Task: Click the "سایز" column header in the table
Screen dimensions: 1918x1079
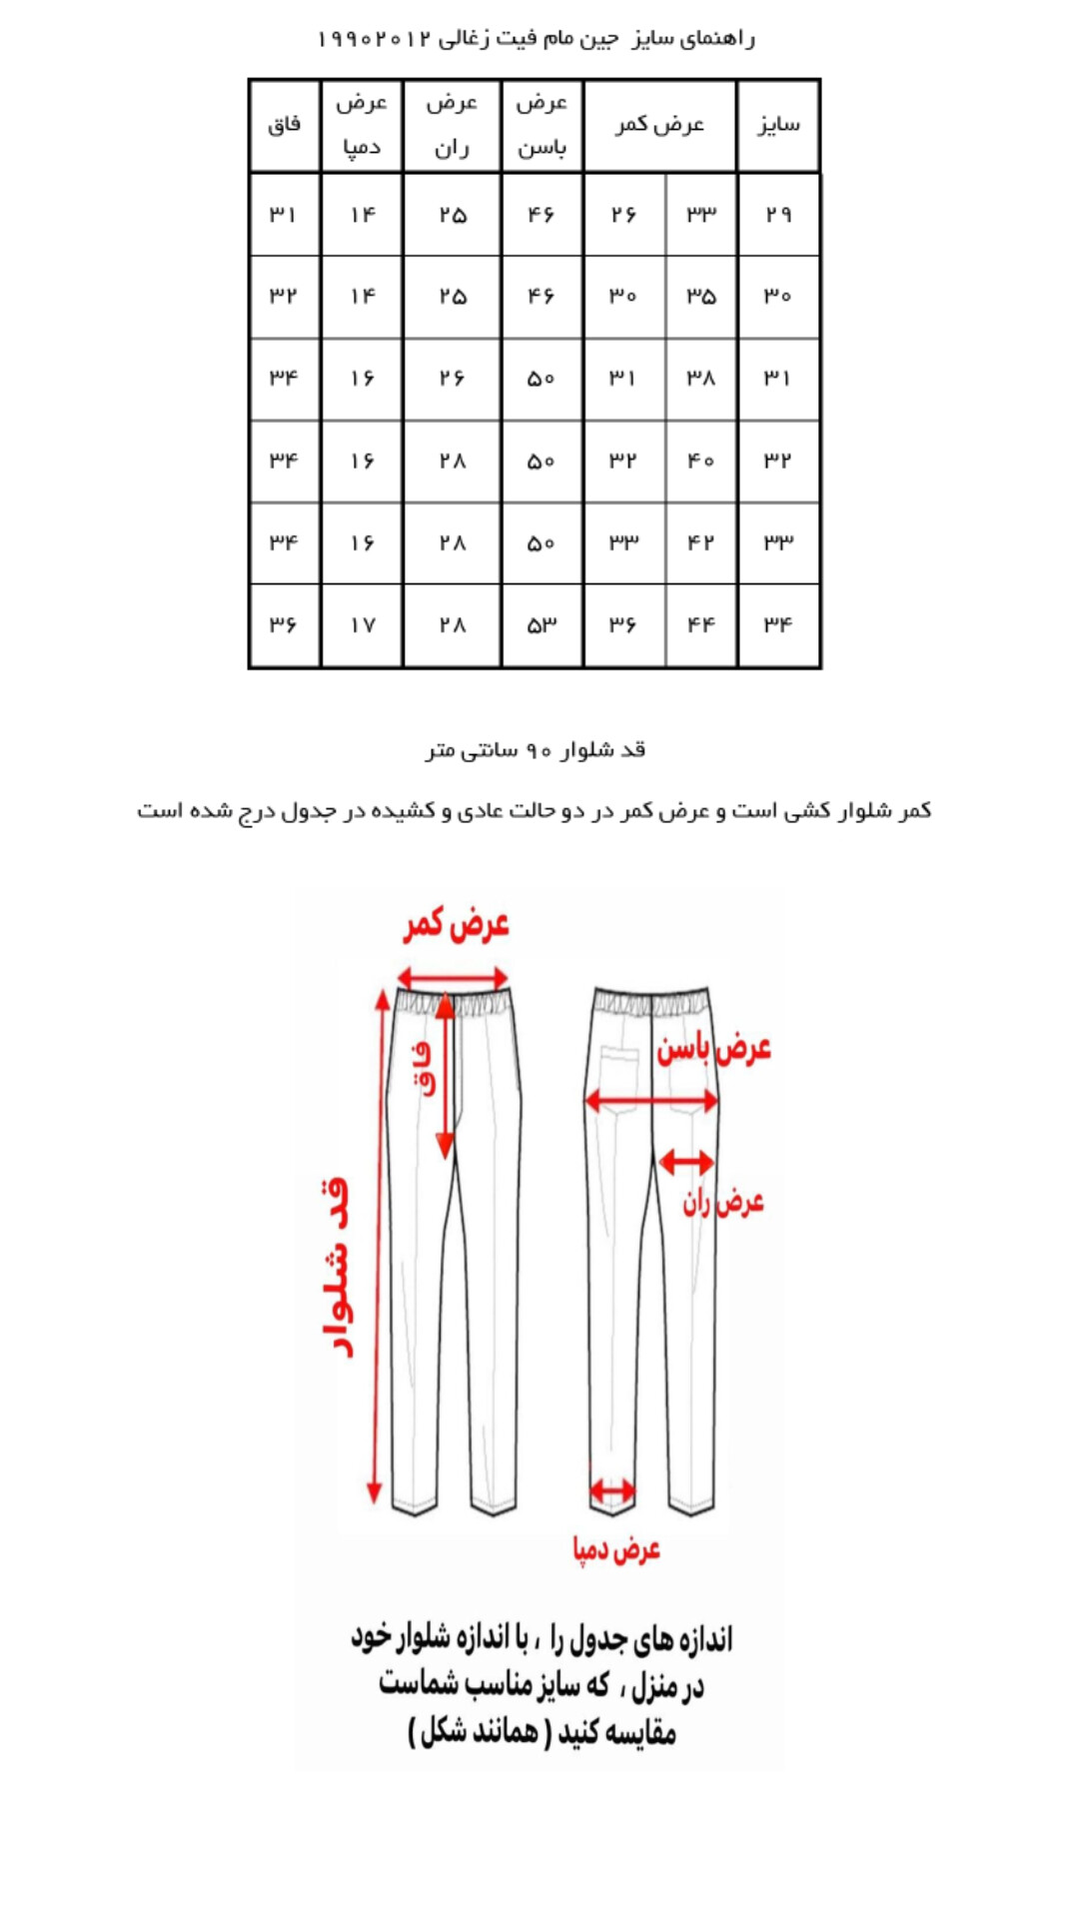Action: point(778,125)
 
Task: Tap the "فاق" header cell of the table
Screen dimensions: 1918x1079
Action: point(285,125)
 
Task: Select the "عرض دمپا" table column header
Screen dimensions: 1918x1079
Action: point(362,125)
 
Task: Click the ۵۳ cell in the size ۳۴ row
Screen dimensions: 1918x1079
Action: point(541,625)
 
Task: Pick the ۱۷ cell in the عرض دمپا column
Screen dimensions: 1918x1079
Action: point(362,625)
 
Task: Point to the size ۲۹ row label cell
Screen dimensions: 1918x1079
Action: point(778,214)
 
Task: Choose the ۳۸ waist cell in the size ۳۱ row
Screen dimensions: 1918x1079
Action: point(701,379)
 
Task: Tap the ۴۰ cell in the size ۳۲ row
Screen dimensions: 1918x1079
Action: point(701,461)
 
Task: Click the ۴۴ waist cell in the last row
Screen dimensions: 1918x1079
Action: point(701,625)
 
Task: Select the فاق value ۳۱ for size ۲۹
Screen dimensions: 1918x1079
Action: point(284,214)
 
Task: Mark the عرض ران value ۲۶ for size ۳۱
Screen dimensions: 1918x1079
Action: point(452,379)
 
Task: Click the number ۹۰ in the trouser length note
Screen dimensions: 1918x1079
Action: point(539,750)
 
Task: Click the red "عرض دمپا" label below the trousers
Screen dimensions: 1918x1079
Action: point(616,1549)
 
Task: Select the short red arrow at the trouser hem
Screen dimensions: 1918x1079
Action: point(611,1491)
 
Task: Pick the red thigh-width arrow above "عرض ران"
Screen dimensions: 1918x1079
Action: point(686,1162)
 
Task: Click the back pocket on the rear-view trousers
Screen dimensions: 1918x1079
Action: point(619,1069)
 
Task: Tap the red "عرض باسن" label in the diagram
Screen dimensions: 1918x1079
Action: point(713,1049)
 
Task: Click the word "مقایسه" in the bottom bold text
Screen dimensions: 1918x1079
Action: point(637,1733)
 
